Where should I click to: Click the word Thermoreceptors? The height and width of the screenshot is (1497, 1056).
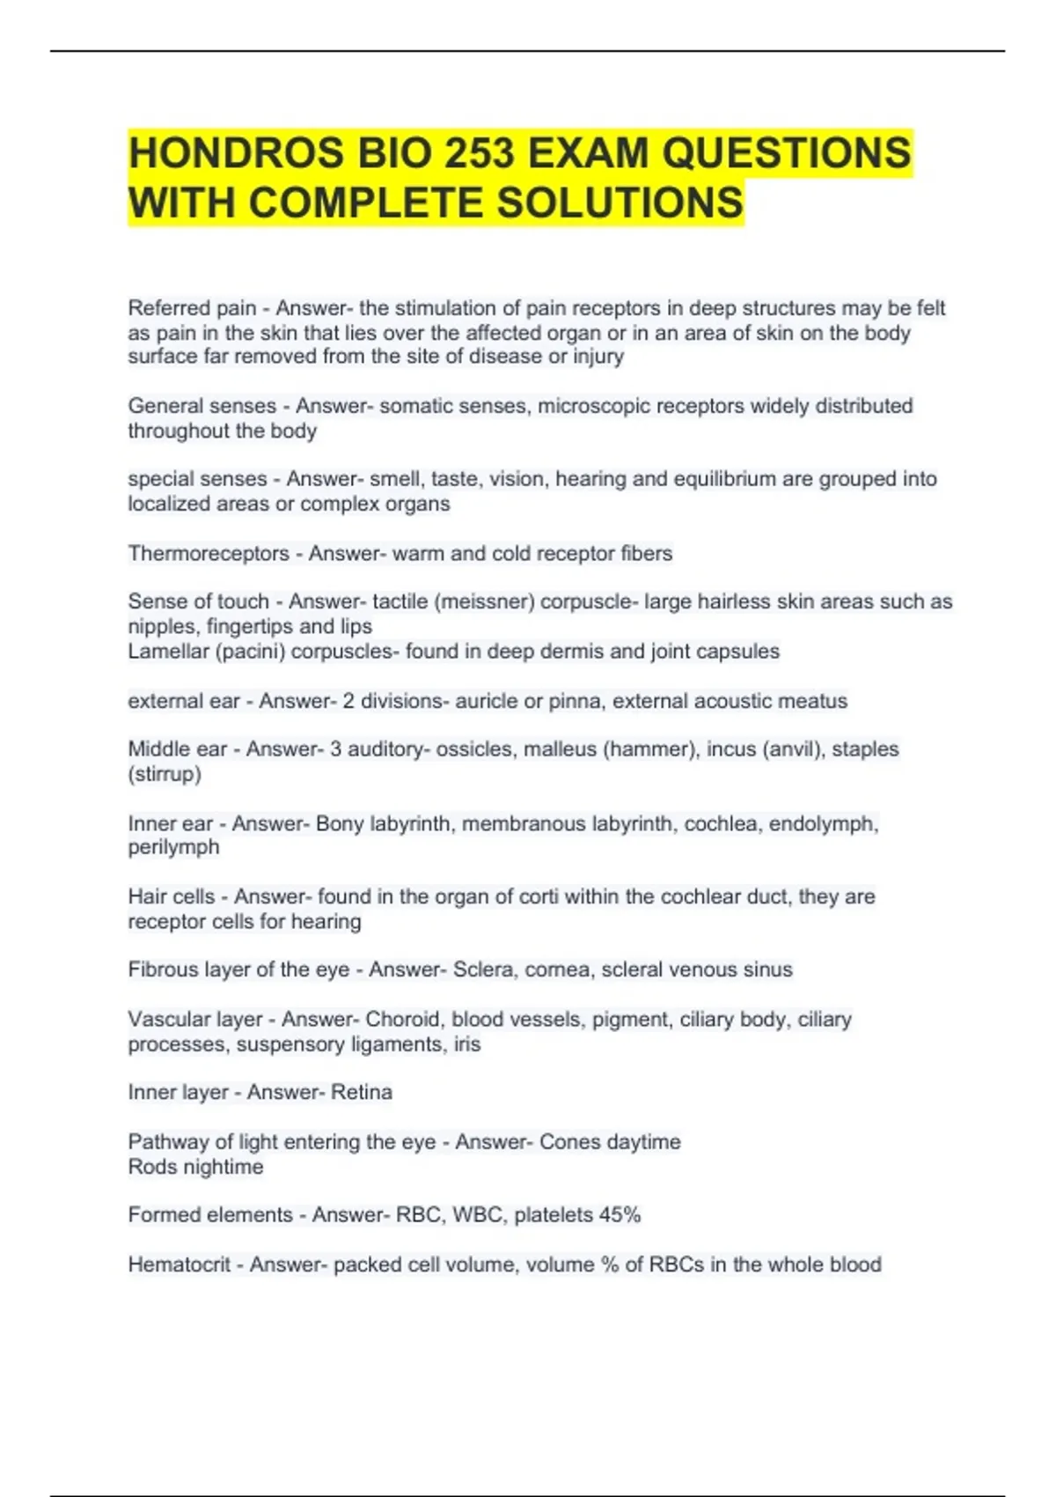tap(209, 553)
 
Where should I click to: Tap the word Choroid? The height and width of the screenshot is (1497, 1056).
tap(402, 1019)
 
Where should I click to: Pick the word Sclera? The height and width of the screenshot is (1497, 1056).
tap(483, 970)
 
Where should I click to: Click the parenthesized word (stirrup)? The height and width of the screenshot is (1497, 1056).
tap(165, 774)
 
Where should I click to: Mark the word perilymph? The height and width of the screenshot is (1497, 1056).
tap(173, 847)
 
